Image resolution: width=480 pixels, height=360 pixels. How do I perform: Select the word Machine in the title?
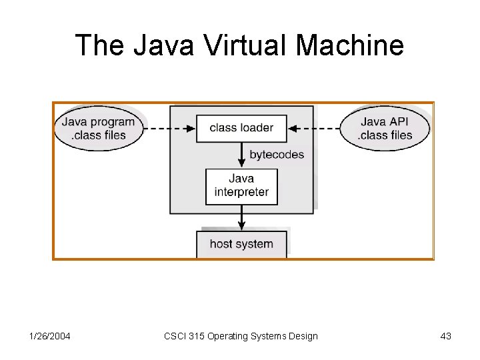[x=349, y=45]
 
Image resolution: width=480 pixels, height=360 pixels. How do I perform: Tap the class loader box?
[x=241, y=128]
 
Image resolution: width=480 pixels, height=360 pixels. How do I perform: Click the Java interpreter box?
[x=241, y=185]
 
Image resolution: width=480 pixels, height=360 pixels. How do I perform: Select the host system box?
[x=241, y=244]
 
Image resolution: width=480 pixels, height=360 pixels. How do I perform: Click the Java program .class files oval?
[x=99, y=128]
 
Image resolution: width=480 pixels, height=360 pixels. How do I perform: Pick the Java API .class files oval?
[x=386, y=128]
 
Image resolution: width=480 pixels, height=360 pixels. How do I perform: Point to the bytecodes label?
[x=277, y=155]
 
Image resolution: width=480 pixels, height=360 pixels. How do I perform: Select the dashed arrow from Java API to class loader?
[x=313, y=128]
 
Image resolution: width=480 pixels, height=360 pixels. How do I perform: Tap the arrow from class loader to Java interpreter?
[x=241, y=155]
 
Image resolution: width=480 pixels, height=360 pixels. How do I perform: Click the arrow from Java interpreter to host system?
[x=241, y=217]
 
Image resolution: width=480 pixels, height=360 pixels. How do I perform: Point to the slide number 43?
[x=446, y=336]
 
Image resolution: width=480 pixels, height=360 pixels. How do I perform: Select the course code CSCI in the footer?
[x=175, y=336]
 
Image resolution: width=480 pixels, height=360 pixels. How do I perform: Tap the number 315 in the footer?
[x=197, y=336]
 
